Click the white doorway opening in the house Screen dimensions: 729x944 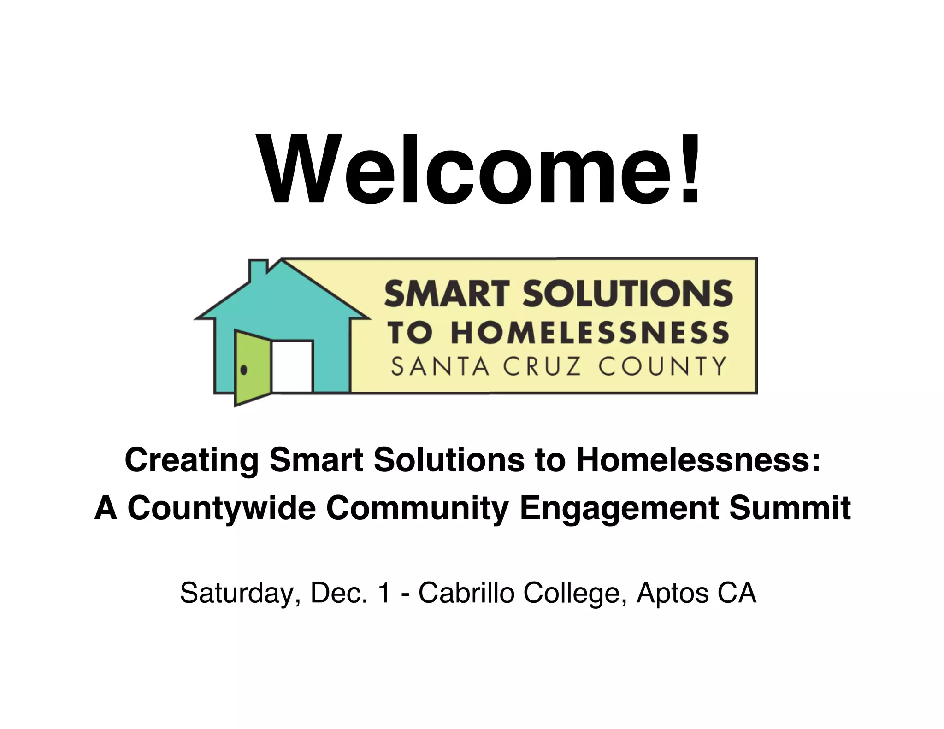point(292,366)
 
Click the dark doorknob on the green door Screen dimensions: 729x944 point(244,370)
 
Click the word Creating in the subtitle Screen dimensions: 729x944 point(192,460)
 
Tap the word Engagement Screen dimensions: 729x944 point(619,508)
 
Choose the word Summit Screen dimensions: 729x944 point(790,508)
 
